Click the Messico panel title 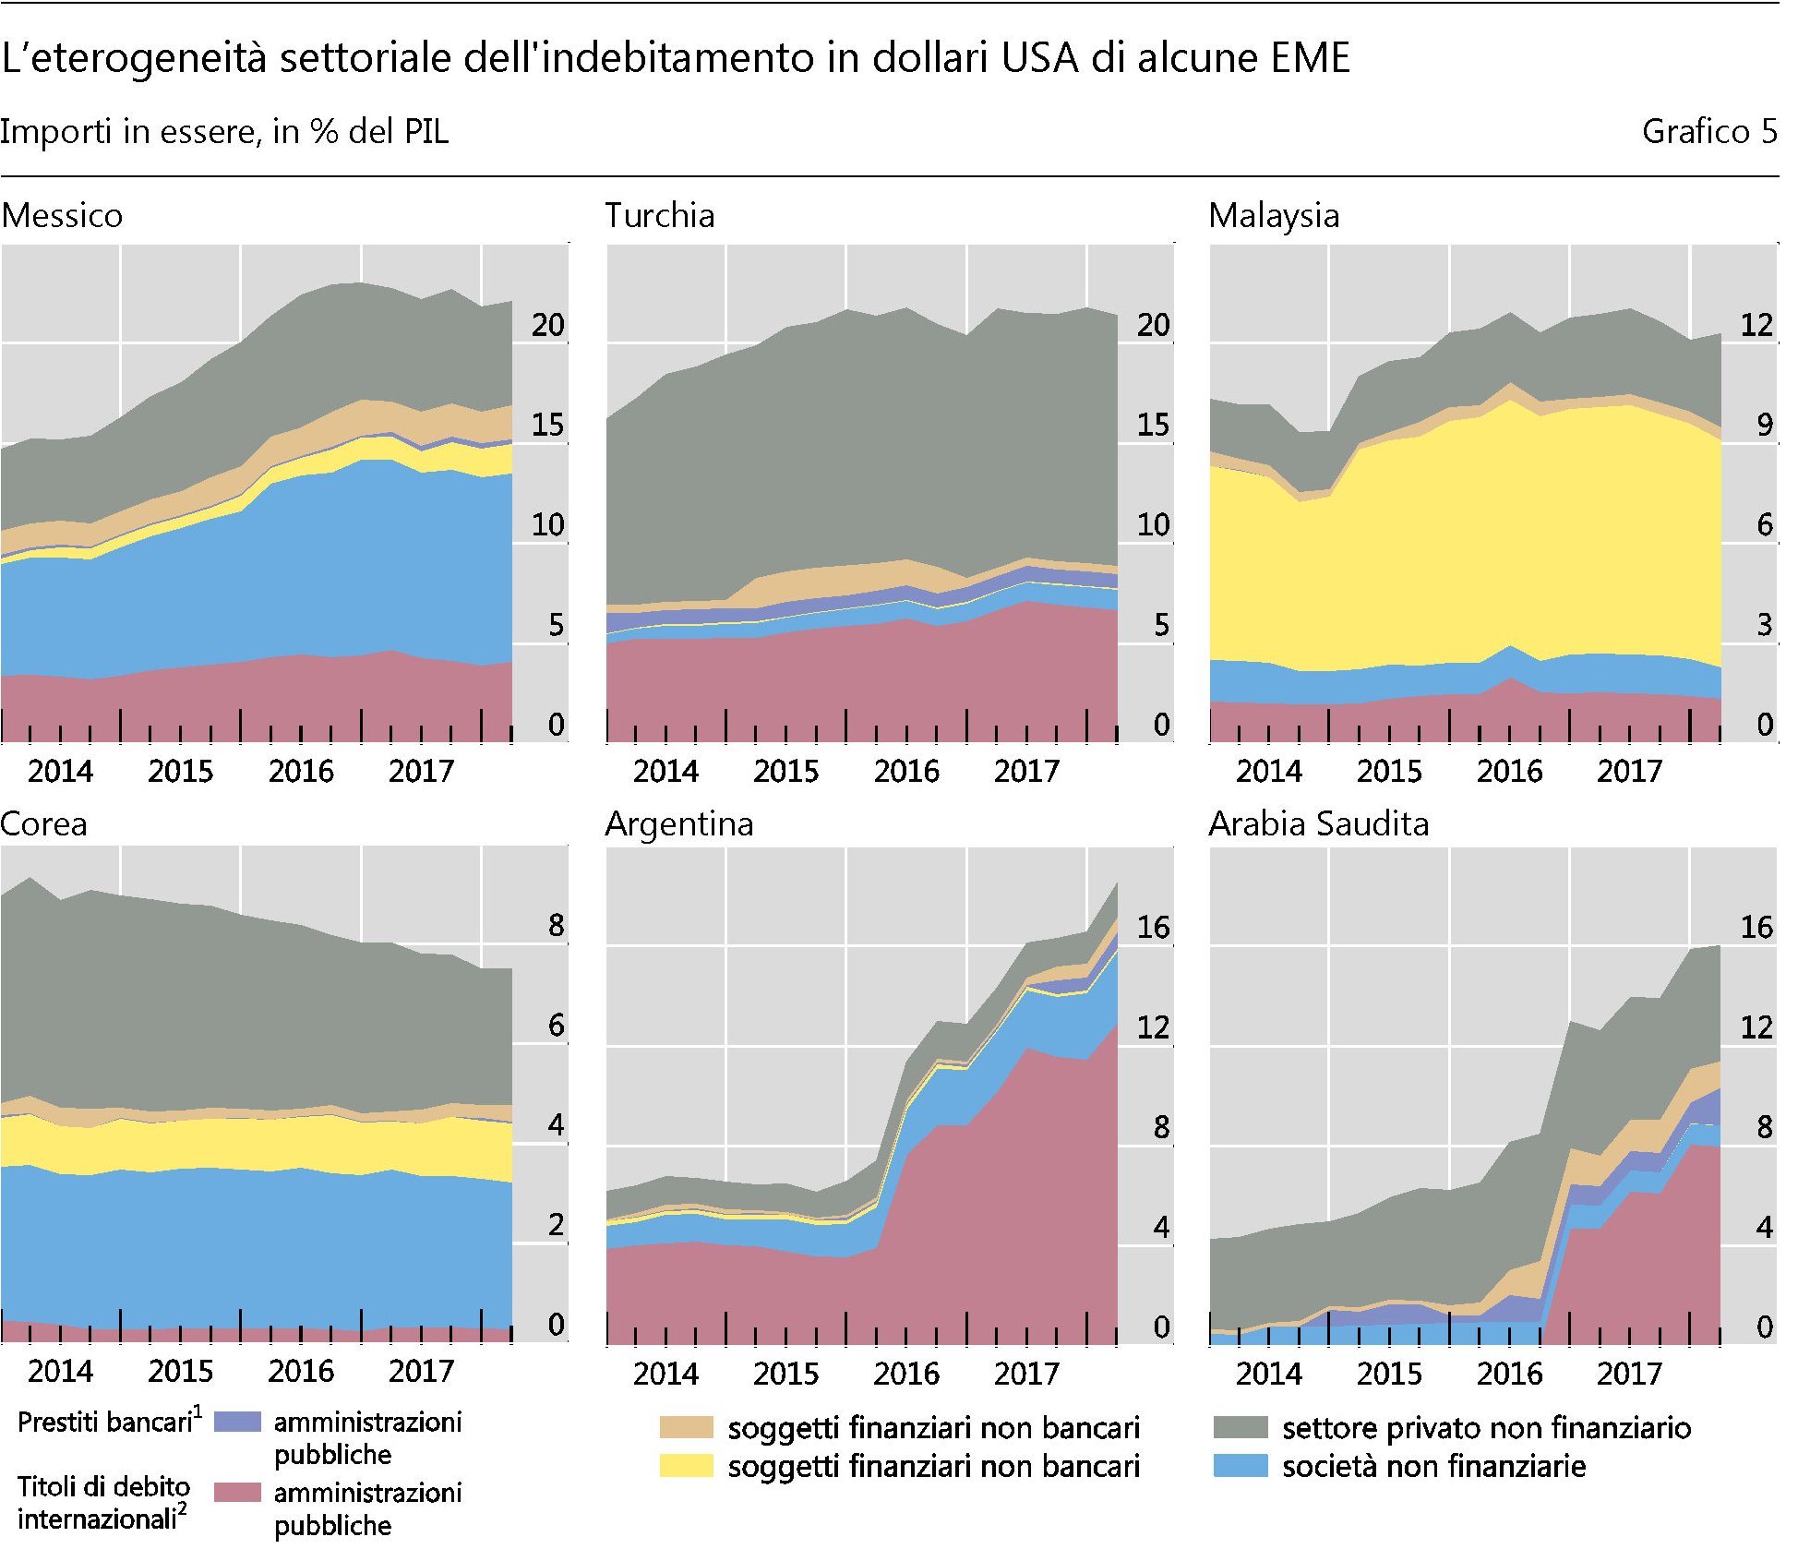coord(62,215)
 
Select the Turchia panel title coord(659,215)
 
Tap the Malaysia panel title coord(1273,215)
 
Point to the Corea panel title coord(43,823)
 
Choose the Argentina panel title coord(678,823)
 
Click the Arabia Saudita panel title coord(1318,823)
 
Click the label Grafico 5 coord(1708,131)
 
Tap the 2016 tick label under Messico coord(301,771)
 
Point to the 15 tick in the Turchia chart coord(1152,425)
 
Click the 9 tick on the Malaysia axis coord(1763,425)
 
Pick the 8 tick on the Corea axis coord(555,925)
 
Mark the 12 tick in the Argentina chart coord(1152,1027)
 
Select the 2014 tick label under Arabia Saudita coord(1268,1373)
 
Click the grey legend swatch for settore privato coord(1240,1427)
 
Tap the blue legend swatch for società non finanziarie coord(1240,1466)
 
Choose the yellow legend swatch coord(686,1466)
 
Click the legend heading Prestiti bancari coord(107,1422)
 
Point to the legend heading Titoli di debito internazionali coord(102,1502)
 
